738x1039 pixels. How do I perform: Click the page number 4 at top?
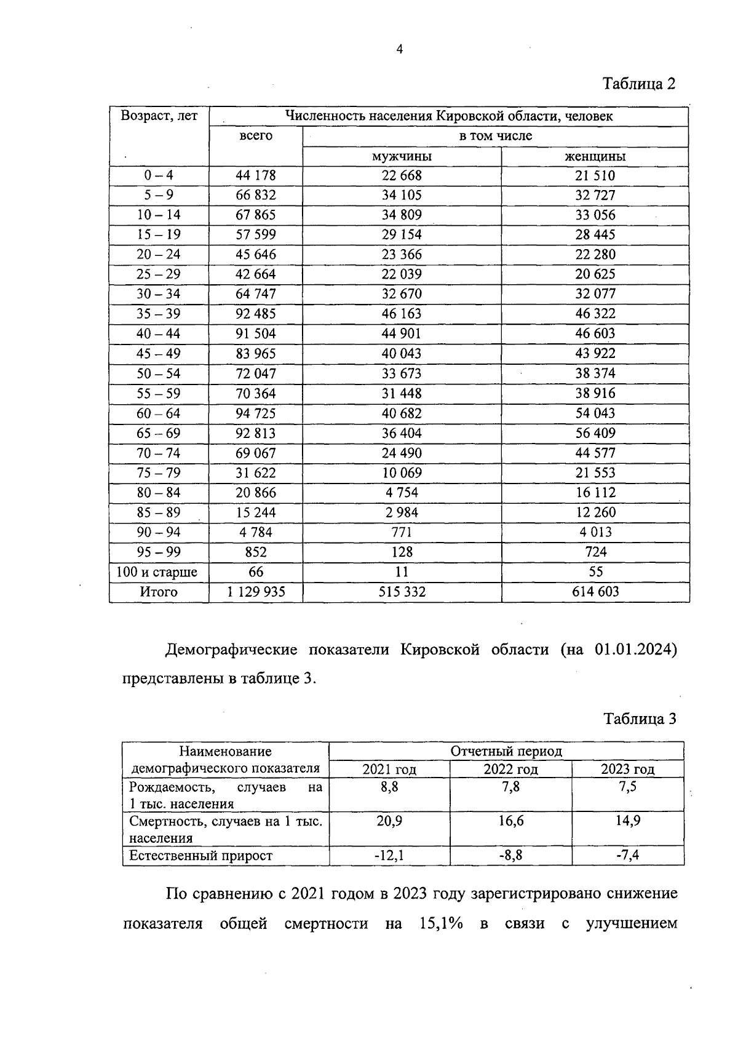click(400, 50)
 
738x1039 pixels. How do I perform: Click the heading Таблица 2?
click(639, 84)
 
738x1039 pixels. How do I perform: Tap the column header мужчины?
click(402, 156)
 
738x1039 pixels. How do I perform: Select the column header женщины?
click(595, 156)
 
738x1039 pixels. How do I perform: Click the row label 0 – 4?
click(159, 175)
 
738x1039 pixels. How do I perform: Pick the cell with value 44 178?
click(256, 175)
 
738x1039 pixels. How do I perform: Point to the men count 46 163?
click(402, 314)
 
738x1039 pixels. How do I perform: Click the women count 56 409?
click(595, 433)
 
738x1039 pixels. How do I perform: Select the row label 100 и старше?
click(157, 572)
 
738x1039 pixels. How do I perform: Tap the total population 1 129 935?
click(256, 592)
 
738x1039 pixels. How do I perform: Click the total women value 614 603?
click(595, 592)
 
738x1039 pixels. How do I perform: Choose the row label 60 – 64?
click(159, 413)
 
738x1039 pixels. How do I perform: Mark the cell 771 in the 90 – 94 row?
click(402, 532)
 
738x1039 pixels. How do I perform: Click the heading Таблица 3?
click(640, 719)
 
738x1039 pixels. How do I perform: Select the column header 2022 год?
click(510, 769)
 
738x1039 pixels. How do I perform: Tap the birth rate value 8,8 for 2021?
click(389, 787)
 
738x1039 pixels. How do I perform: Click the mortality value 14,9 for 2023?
click(628, 821)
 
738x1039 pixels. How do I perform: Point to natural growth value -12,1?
click(389, 855)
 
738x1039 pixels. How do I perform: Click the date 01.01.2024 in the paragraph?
click(635, 650)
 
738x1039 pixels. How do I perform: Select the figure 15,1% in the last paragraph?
click(441, 924)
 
